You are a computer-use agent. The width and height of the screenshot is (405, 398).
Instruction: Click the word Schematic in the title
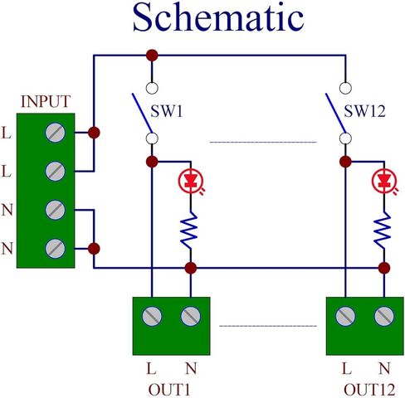[218, 17]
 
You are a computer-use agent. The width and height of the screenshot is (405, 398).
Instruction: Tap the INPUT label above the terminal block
[46, 101]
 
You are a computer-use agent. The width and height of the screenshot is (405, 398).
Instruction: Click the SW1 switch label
[167, 111]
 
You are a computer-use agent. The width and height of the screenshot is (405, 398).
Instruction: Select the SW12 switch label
[364, 111]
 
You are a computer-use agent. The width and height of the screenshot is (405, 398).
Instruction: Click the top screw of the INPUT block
[56, 133]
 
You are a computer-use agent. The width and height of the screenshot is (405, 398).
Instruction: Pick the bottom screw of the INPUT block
[56, 249]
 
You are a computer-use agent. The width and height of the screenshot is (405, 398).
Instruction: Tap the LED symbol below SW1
[191, 182]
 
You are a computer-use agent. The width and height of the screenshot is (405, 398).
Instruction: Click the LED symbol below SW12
[385, 182]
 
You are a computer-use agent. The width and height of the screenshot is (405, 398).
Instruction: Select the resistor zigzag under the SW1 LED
[189, 231]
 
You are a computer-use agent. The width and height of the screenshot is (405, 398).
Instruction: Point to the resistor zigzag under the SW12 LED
[383, 231]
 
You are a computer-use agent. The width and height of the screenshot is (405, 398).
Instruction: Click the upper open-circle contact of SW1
[152, 88]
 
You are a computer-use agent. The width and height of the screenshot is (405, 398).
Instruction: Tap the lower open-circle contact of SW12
[345, 138]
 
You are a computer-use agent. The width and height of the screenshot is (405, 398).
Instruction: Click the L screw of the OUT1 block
[152, 316]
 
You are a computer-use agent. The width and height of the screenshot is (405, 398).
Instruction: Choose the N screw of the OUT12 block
[384, 316]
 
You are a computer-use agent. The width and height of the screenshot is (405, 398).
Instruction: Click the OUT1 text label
[169, 390]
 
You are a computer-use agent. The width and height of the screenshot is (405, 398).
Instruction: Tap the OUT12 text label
[369, 390]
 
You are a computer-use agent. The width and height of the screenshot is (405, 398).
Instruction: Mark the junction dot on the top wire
[152, 56]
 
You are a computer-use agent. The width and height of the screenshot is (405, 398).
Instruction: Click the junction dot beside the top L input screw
[94, 133]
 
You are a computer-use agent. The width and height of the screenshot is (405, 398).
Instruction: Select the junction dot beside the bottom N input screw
[94, 249]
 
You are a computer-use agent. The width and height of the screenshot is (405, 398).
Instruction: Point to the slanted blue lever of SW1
[142, 114]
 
